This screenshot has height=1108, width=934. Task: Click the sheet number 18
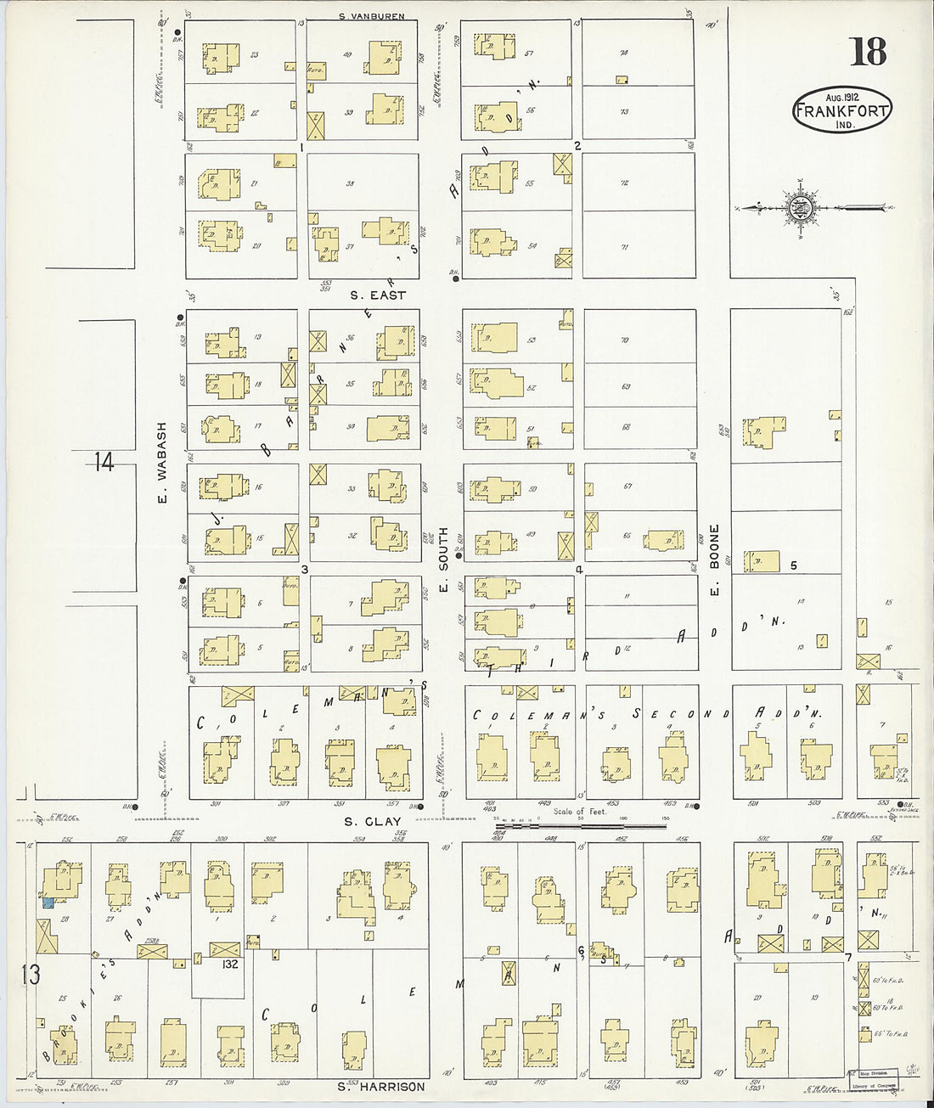[868, 52]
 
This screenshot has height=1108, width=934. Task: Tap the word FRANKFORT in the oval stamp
[842, 110]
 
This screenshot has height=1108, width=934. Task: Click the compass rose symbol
[800, 207]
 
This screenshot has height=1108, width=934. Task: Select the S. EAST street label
[378, 295]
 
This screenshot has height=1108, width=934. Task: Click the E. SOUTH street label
[442, 560]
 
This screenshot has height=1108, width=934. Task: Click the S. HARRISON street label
[380, 1087]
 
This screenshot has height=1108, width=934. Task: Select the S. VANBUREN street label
[371, 15]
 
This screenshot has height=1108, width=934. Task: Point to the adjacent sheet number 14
[104, 463]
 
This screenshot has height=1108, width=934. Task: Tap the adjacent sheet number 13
[30, 974]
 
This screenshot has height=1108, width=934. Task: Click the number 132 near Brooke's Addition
[229, 965]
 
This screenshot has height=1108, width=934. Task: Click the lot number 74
[624, 53]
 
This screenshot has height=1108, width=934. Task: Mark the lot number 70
[625, 340]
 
